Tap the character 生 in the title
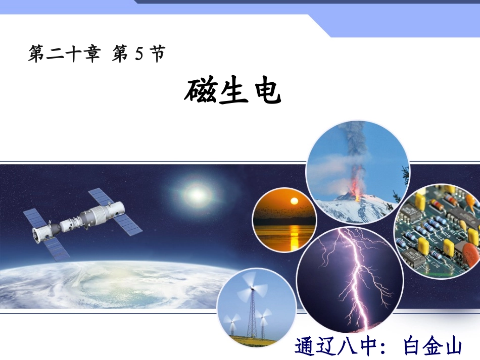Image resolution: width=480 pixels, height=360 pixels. [233, 91]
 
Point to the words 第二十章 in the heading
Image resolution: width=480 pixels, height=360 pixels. [64, 54]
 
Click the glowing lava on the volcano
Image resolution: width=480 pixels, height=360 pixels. [357, 194]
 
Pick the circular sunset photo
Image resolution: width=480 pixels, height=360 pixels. [284, 220]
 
